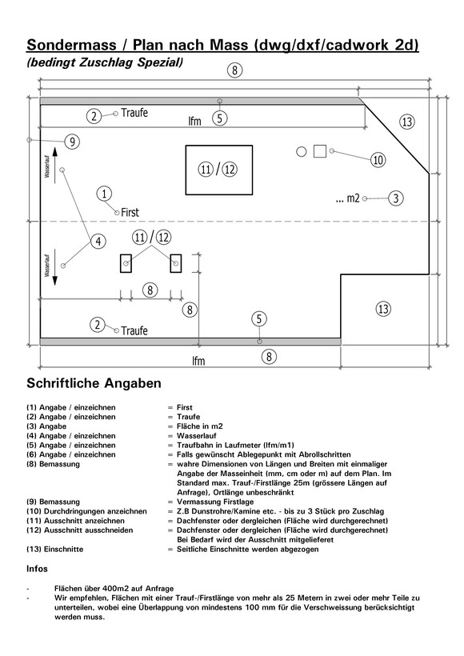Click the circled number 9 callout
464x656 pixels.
72,142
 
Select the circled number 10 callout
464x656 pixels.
378,159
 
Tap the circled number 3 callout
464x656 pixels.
396,198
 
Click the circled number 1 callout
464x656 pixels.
104,194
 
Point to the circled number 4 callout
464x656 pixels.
98,242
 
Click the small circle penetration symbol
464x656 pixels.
302,151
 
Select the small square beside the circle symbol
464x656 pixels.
320,151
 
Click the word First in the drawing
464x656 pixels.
130,213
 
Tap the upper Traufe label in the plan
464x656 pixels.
134,113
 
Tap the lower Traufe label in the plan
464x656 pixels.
134,331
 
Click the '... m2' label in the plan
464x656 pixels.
348,198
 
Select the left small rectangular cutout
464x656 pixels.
126,263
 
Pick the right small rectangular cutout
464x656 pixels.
176,263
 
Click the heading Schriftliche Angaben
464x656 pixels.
94,383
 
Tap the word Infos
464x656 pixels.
38,569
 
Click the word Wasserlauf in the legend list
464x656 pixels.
197,436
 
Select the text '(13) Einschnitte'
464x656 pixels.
55,550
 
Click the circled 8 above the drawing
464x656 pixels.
234,70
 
